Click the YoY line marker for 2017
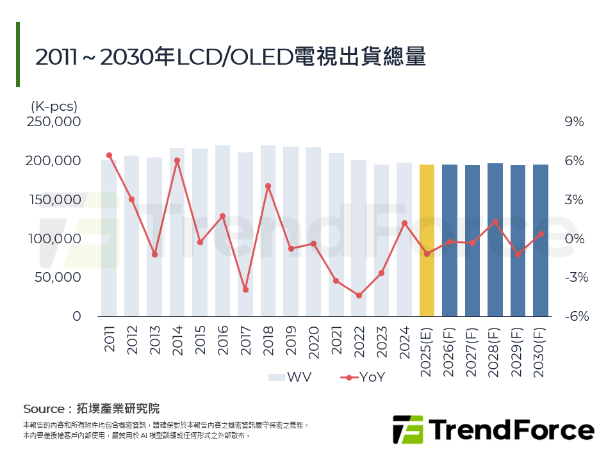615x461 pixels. point(245,290)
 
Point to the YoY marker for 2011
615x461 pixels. point(109,155)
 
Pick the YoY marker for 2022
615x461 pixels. point(359,296)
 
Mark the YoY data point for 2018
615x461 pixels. point(268,186)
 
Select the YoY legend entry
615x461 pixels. point(362,377)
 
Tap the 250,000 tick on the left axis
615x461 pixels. point(54,122)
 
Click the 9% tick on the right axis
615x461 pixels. point(574,122)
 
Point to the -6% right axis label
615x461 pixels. point(574,316)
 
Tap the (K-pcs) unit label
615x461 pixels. point(54,106)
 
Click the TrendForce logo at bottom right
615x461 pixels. point(493,429)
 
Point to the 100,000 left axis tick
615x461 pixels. point(54,239)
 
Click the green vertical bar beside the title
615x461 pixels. point(18,54)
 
